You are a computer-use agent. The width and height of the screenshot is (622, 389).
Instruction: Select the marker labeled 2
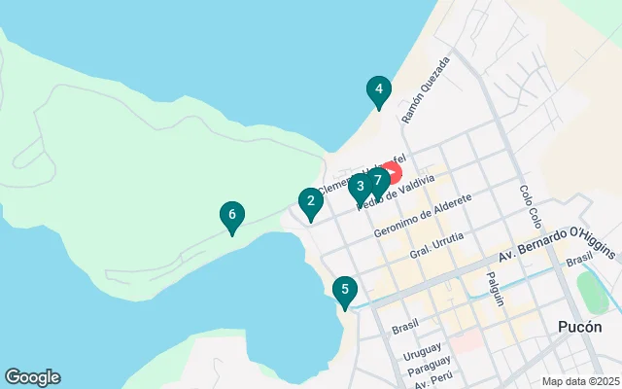310,202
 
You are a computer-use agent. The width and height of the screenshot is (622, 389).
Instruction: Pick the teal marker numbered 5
344,290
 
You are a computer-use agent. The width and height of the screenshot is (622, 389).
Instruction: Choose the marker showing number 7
377,180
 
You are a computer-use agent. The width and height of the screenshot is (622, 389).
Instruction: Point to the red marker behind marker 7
393,172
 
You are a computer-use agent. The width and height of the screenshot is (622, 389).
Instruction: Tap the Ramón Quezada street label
427,89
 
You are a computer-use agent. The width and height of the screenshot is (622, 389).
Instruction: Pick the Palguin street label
496,288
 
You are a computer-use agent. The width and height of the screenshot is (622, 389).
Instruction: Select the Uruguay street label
422,348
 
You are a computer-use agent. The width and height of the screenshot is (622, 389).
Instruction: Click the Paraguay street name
429,365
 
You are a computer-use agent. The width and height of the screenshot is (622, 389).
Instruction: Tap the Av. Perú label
432,380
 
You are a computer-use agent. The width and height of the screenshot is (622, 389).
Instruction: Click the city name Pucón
581,328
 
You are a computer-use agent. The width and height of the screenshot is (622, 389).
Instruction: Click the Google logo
32,377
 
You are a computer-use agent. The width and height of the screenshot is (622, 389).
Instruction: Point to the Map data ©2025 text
579,381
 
